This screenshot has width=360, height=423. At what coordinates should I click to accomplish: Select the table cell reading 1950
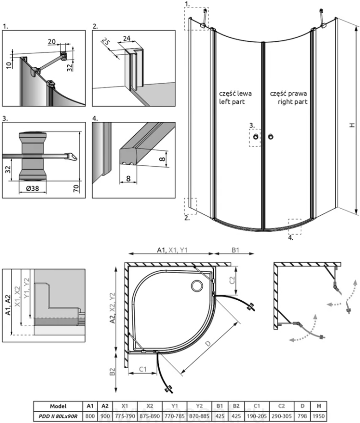319,415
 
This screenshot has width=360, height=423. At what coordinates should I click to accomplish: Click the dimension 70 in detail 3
76,189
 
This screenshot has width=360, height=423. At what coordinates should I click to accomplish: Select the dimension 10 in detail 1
9,62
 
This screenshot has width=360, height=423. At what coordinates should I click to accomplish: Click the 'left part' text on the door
232,101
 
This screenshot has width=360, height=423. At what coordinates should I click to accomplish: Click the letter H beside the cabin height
351,125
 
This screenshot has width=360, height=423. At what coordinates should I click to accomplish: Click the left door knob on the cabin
255,137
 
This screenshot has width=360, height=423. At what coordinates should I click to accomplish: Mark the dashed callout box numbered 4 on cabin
294,226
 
